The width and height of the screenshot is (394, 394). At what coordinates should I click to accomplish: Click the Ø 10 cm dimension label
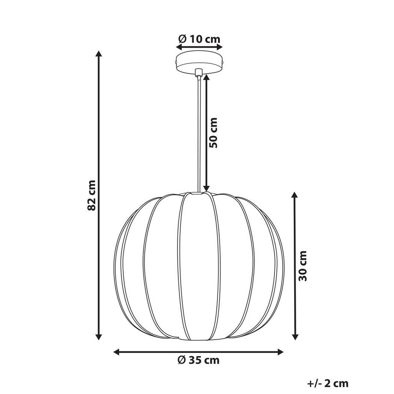click(199, 39)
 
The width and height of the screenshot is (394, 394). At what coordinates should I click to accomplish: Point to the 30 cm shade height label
click(303, 266)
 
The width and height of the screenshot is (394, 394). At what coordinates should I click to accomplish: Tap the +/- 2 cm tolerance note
click(328, 384)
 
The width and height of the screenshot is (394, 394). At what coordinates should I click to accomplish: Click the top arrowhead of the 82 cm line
click(99, 54)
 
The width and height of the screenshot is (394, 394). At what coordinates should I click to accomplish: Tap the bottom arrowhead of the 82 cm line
click(99, 337)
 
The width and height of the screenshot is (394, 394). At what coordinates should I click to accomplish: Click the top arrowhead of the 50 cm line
click(206, 78)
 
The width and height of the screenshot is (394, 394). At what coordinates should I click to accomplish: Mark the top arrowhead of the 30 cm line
click(295, 195)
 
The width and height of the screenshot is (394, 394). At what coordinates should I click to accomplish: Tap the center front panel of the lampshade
click(198, 266)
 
